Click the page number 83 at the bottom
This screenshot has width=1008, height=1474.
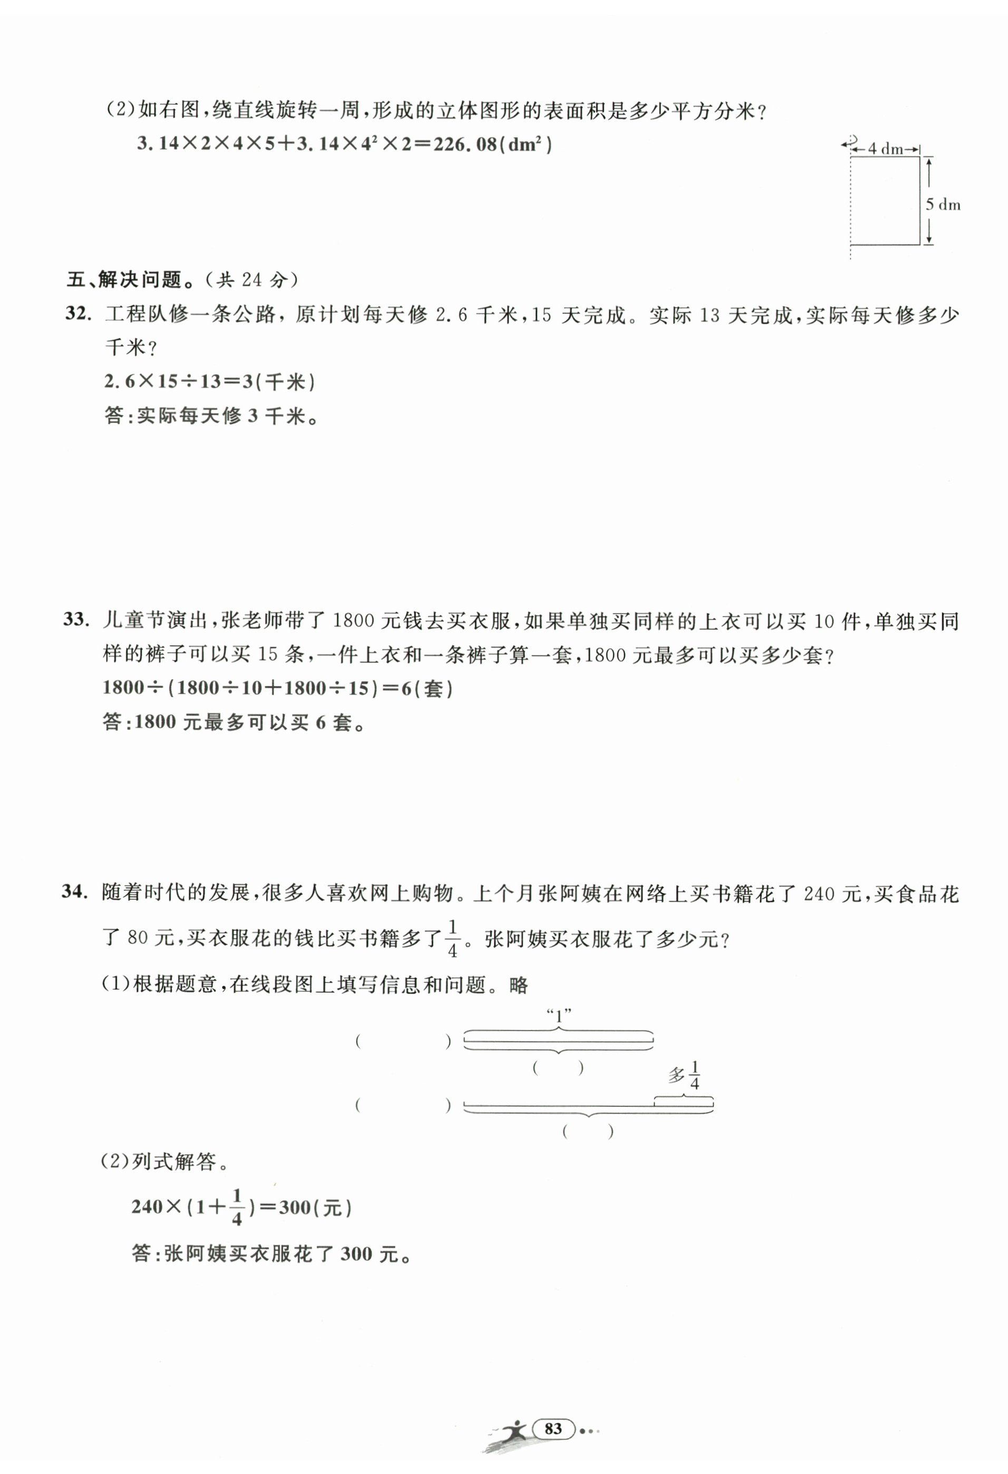[x=553, y=1428]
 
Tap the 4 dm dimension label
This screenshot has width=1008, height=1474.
[x=885, y=149]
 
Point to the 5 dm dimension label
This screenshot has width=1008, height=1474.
[x=943, y=204]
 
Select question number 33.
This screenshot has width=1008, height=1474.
[x=76, y=620]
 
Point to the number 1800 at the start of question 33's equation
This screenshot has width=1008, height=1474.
[x=124, y=688]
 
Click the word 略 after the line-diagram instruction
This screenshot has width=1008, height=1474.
[x=519, y=985]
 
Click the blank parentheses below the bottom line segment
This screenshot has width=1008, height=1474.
[x=588, y=1131]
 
